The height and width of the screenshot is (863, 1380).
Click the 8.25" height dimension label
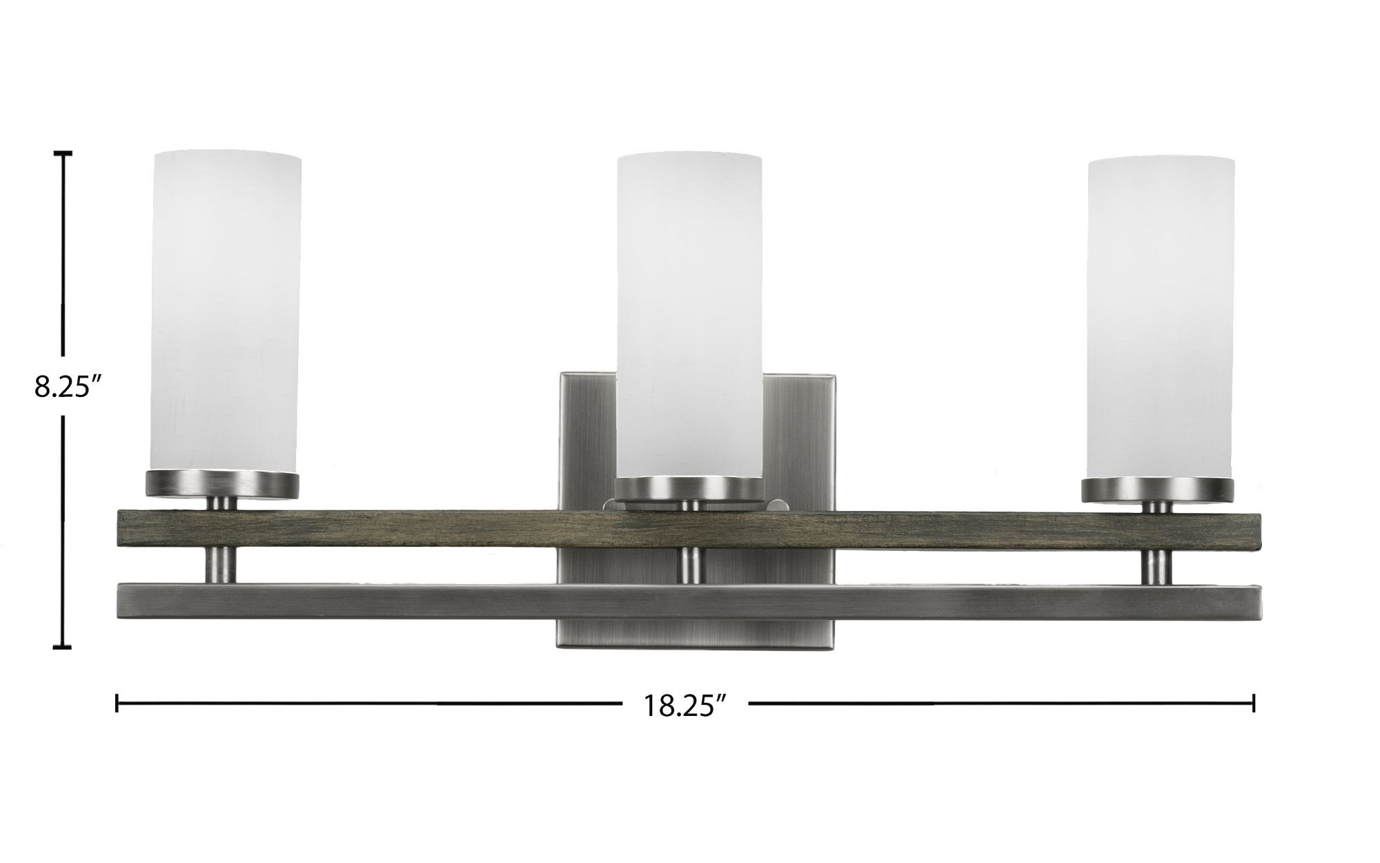click(x=63, y=387)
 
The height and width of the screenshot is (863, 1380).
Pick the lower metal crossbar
click(x=689, y=603)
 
